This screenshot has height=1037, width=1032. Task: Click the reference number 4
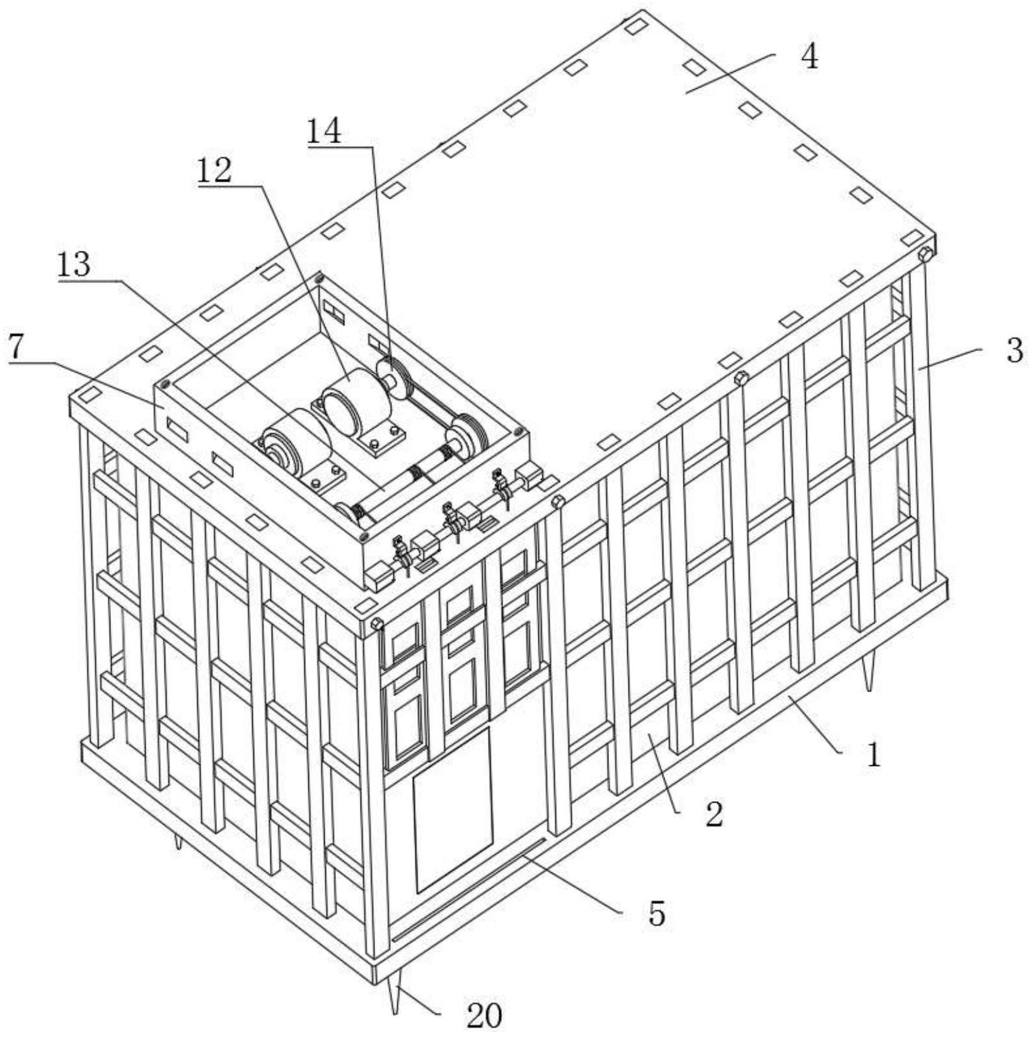[809, 58]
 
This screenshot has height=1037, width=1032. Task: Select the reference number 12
[214, 170]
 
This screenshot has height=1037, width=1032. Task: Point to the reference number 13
[74, 265]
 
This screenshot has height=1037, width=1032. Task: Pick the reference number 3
[1014, 351]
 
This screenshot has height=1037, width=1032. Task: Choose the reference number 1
[873, 755]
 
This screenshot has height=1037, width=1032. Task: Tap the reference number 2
[714, 814]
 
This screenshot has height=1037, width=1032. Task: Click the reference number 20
[484, 1016]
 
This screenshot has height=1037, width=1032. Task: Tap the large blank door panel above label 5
[453, 810]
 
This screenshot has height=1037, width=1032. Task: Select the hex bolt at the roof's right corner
[925, 255]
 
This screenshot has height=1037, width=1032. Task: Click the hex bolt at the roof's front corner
[376, 624]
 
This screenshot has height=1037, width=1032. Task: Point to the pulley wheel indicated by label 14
[392, 374]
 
